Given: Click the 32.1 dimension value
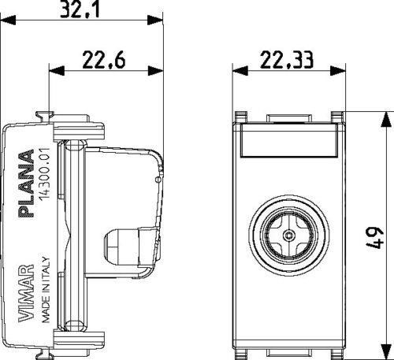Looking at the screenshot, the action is pyautogui.click(x=80, y=10).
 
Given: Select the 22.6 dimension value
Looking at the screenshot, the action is pyautogui.click(x=104, y=60).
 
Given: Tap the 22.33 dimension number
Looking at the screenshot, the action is pyautogui.click(x=287, y=60).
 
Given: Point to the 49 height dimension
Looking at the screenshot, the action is pyautogui.click(x=374, y=237).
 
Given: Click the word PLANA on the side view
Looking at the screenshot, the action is pyautogui.click(x=26, y=184).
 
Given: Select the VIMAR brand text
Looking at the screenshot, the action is pyautogui.click(x=26, y=293).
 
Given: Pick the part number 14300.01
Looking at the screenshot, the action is pyautogui.click(x=44, y=174).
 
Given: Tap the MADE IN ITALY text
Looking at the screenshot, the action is pyautogui.click(x=45, y=289).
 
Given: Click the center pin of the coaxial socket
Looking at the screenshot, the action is pyautogui.click(x=289, y=236).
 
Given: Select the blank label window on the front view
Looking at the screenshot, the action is pyautogui.click(x=289, y=140).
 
